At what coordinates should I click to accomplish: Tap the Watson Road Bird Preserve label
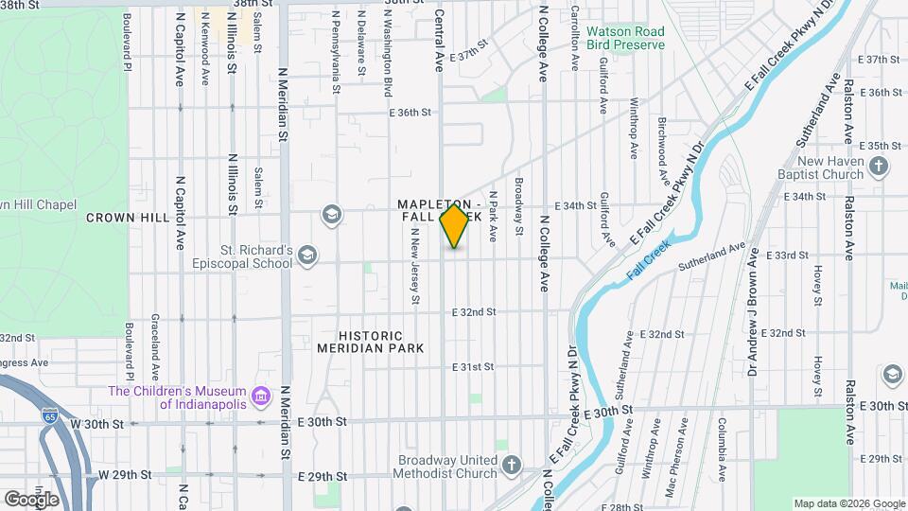click(624, 39)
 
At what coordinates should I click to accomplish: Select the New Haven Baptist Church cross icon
click(879, 167)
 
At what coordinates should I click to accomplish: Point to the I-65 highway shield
click(50, 415)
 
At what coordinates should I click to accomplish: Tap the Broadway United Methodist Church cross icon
click(511, 466)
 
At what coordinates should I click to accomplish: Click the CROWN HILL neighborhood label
click(128, 218)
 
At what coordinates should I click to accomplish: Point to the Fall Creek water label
click(650, 259)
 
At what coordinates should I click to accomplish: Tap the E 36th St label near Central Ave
click(410, 113)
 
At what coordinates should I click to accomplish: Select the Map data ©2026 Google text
click(847, 503)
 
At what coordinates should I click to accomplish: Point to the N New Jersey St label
click(414, 271)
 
